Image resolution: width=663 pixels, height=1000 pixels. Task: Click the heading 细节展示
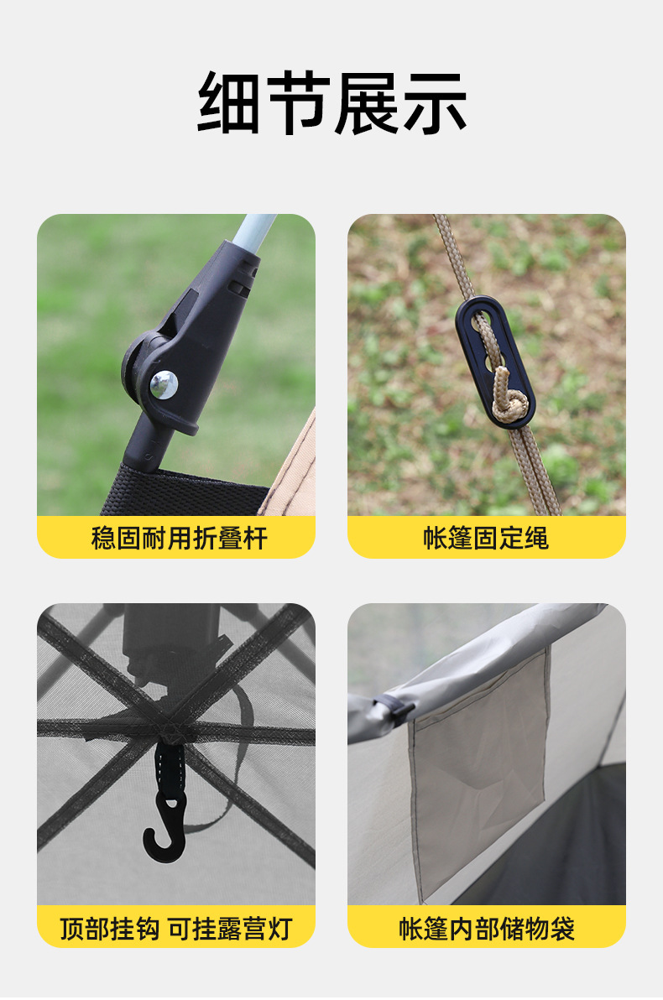331,102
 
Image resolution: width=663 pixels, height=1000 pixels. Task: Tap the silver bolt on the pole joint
164,384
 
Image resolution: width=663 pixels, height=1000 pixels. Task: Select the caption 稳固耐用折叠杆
179,539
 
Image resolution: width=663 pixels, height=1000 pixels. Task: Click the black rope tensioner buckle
494,361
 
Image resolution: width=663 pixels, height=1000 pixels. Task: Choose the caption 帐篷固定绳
486,539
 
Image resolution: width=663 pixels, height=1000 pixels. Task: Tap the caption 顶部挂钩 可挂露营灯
176,929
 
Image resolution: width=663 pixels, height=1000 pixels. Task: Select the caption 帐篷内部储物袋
487,929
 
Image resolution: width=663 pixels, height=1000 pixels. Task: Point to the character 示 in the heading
435,102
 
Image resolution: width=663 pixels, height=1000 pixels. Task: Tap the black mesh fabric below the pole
185,490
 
